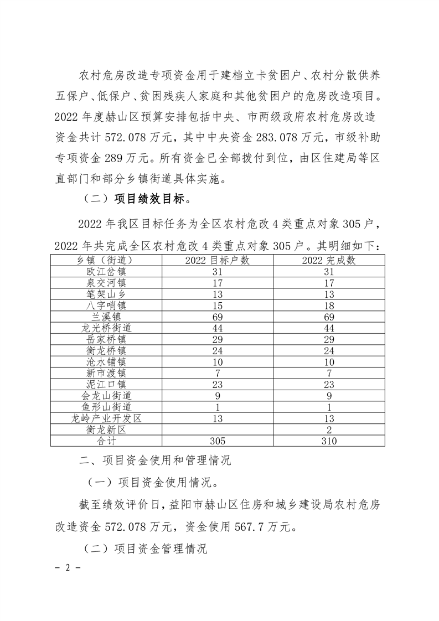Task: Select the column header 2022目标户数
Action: pos(218,260)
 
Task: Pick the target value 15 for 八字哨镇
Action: pos(218,305)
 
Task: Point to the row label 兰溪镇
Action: pos(106,316)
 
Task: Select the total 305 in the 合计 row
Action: pos(218,441)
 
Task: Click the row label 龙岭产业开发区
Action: pos(106,418)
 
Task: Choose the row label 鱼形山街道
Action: pos(106,407)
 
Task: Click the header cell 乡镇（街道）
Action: pos(106,260)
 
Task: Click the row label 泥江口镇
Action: pos(106,384)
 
